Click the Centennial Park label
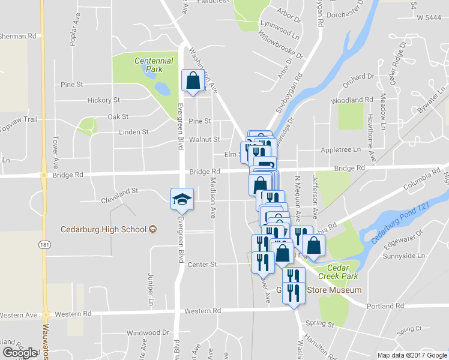click(x=154, y=65)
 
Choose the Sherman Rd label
click(x=18, y=36)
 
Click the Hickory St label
click(x=104, y=100)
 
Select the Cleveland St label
click(x=119, y=190)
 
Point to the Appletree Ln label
click(x=340, y=149)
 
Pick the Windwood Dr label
click(x=148, y=332)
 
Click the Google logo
click(x=20, y=352)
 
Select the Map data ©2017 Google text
click(x=412, y=355)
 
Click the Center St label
click(x=202, y=264)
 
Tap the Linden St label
click(x=133, y=131)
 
